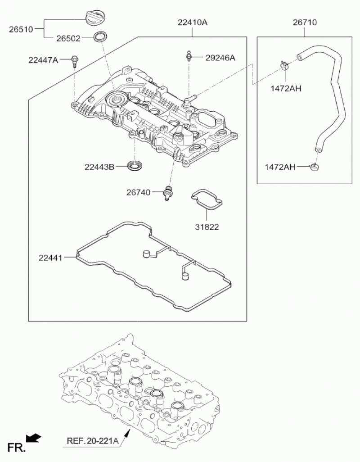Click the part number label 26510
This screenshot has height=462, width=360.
[21, 30]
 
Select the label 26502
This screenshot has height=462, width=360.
[68, 39]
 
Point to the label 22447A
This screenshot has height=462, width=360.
[43, 59]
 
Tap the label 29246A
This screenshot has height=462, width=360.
[220, 58]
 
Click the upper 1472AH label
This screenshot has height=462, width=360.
[286, 88]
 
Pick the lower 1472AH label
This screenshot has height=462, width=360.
[280, 167]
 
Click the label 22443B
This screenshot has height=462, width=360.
[99, 167]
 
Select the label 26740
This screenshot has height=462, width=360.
[138, 193]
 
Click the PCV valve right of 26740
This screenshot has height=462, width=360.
[169, 192]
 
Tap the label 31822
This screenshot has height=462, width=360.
[207, 227]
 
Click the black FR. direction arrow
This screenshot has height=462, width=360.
[34, 438]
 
